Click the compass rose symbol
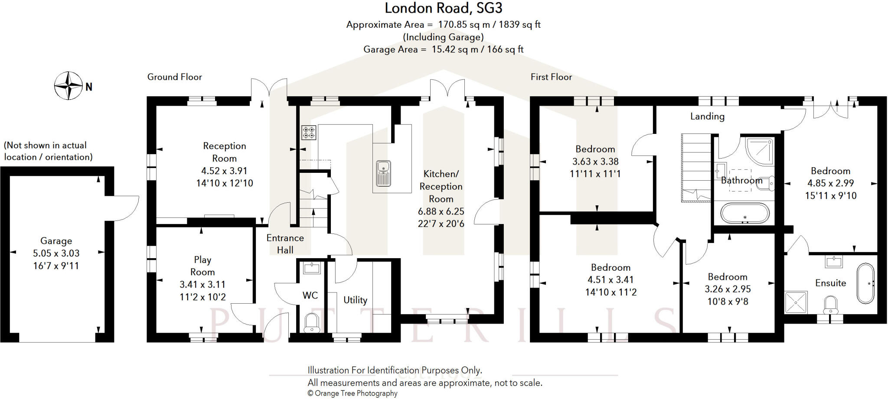pos(69,85)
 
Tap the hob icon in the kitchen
pos(309,133)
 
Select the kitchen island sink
pos(383,173)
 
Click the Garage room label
pos(56,241)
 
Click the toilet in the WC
pos(311,323)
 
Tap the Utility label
pos(355,300)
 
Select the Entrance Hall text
pos(285,244)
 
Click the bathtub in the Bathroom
pos(744,213)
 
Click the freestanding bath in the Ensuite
pos(865,283)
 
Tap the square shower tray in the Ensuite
pos(796,302)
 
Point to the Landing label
pos(707,116)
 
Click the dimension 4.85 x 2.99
pos(830,183)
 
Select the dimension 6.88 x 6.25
pos(441,211)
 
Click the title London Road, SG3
pos(443,8)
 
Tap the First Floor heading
pos(551,77)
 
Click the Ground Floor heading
pos(174,77)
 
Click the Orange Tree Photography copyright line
pos(352,393)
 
